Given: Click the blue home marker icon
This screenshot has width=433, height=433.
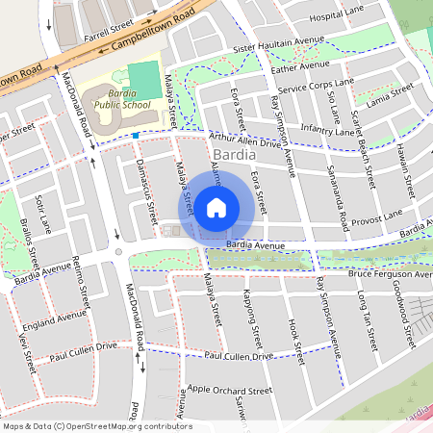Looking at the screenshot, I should coord(216,207).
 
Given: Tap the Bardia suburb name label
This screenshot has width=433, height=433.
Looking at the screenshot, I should coord(235,154).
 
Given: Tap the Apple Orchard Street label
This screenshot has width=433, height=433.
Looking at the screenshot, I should coord(230,391).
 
